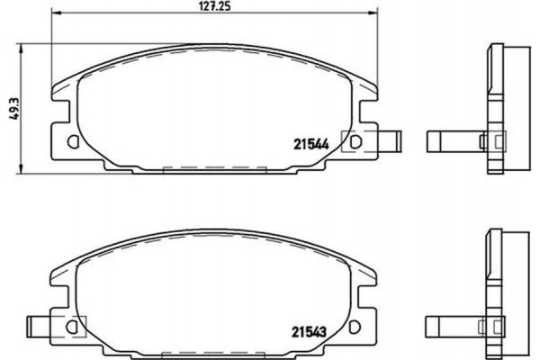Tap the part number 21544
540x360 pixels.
[x=308, y=141]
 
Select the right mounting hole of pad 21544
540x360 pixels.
[x=355, y=141]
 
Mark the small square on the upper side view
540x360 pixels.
[x=494, y=141]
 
